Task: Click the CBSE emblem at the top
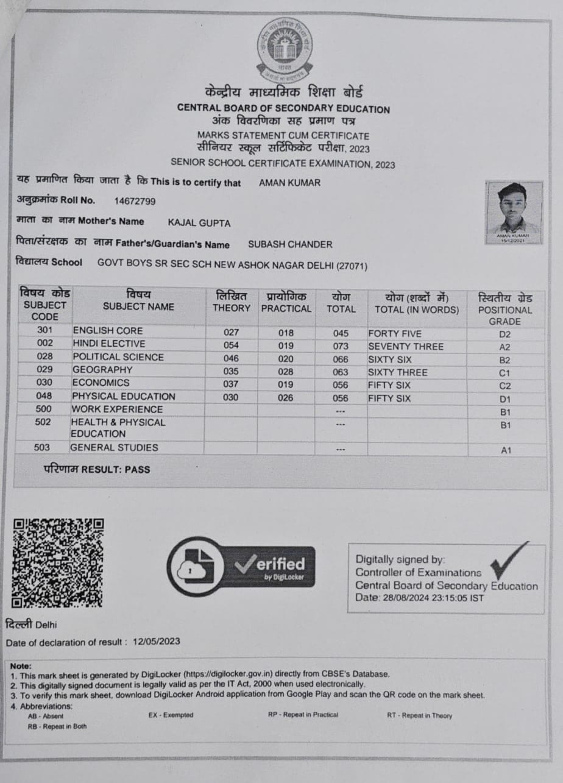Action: [x=284, y=50]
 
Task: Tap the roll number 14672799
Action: [x=135, y=200]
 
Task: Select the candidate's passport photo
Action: [x=514, y=213]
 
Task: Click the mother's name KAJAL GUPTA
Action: [x=199, y=222]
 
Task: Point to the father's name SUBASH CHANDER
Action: [x=290, y=244]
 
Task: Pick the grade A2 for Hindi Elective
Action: [x=505, y=347]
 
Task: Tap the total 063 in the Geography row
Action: [x=341, y=372]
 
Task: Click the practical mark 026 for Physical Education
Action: [x=285, y=399]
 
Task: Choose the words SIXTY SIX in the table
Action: [x=390, y=360]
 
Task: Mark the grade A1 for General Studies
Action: [x=505, y=450]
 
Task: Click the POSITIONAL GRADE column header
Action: [x=505, y=310]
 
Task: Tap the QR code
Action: [x=58, y=562]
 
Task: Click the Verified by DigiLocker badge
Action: [x=241, y=566]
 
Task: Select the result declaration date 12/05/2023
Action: [x=157, y=642]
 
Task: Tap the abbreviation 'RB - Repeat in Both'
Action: [x=57, y=726]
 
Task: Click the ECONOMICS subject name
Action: [x=101, y=383]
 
